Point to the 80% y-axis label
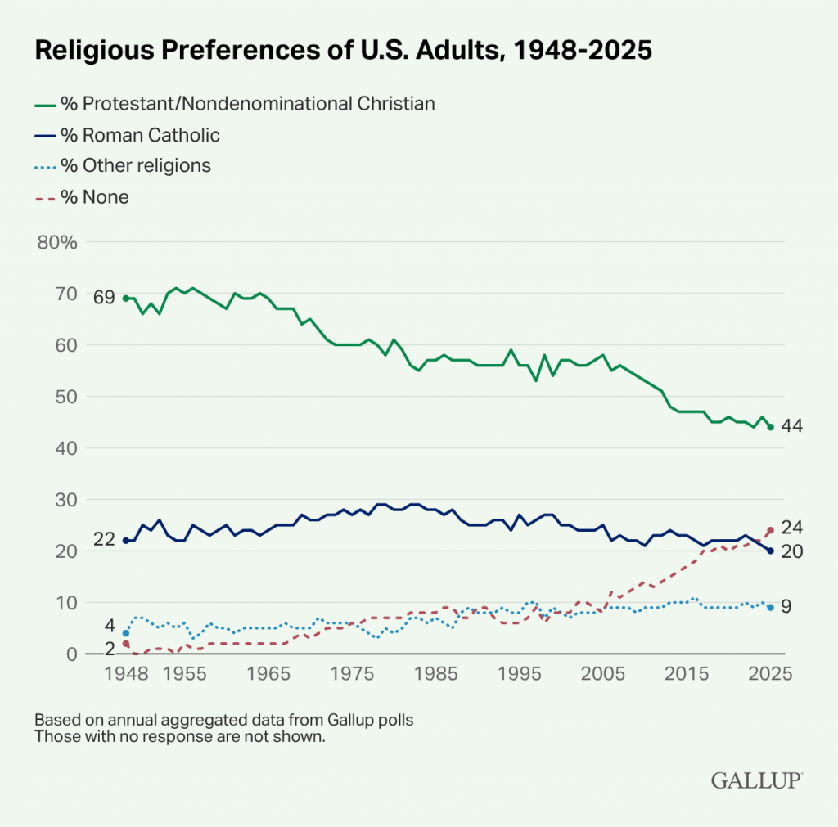56,242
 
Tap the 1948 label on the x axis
125,675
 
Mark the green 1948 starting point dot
125,299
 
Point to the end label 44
791,426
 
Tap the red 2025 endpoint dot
770,530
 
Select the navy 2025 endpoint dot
770,551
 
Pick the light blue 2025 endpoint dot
770,607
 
